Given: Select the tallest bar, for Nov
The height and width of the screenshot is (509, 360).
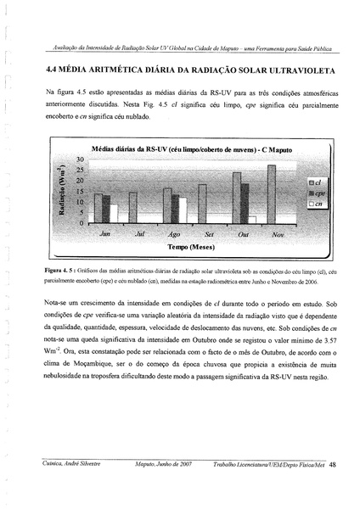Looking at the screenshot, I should tap(272, 193).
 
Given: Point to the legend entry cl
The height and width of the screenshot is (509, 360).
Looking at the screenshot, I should tap(314, 182).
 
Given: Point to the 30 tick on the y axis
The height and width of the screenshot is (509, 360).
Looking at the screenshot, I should tap(82, 159).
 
